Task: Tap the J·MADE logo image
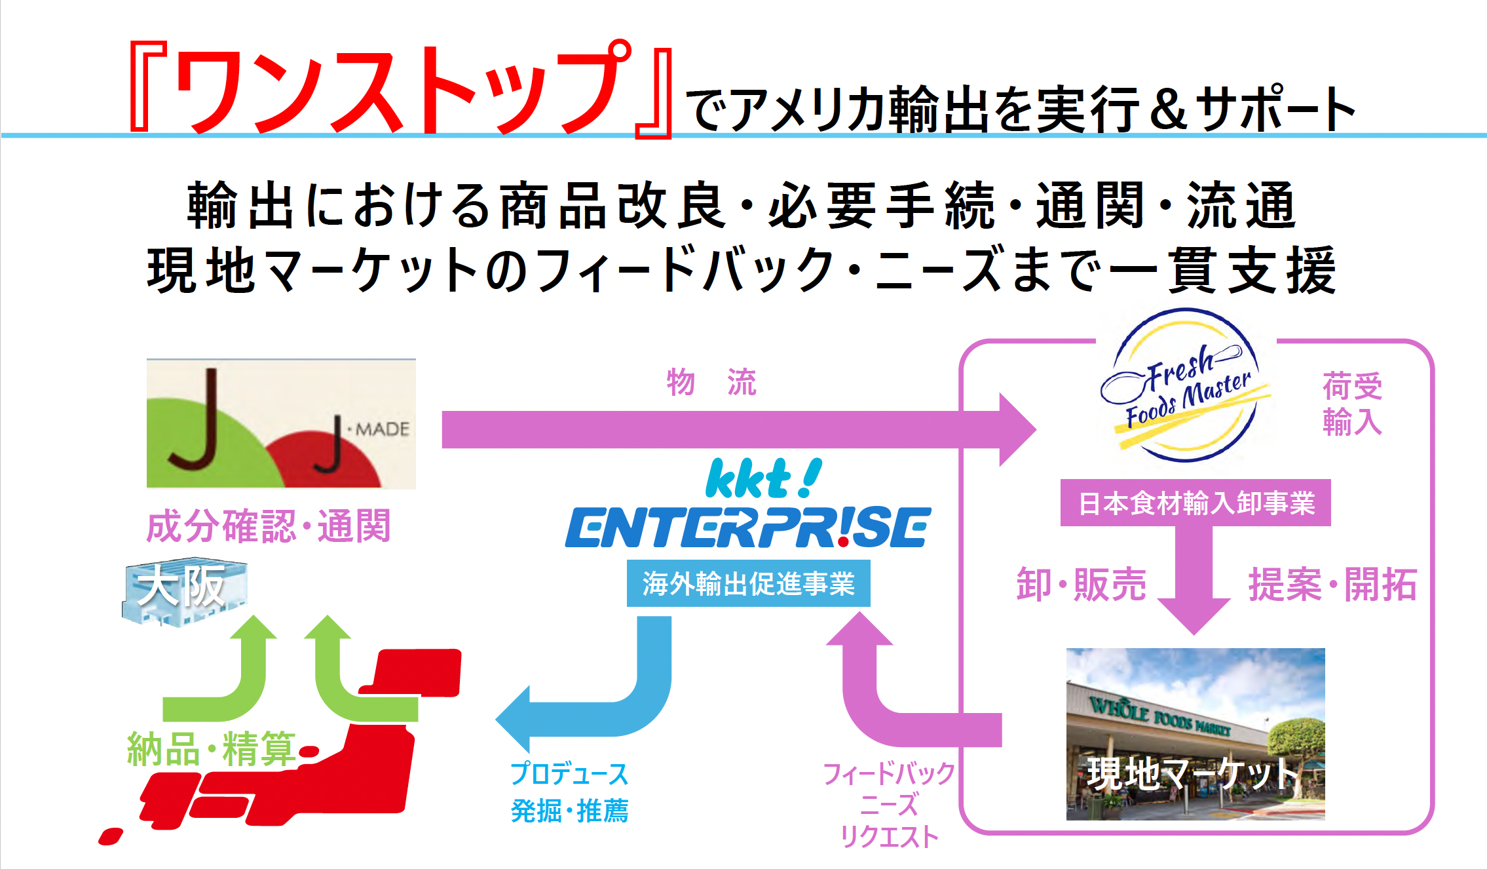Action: (x=281, y=424)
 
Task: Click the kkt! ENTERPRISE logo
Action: (x=748, y=505)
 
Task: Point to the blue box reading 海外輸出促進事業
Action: (x=748, y=583)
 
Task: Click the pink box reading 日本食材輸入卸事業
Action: (x=1195, y=503)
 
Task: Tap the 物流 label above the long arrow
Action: (x=711, y=382)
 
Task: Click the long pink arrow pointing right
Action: (x=721, y=429)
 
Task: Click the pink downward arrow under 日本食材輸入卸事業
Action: (x=1194, y=583)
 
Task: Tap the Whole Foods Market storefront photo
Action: (x=1195, y=734)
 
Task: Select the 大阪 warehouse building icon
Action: (x=183, y=592)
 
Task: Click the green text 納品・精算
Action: (x=211, y=748)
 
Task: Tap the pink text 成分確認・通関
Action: (x=269, y=526)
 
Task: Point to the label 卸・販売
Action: (x=1081, y=584)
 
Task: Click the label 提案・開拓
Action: (x=1332, y=584)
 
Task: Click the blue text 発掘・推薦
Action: (x=569, y=811)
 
